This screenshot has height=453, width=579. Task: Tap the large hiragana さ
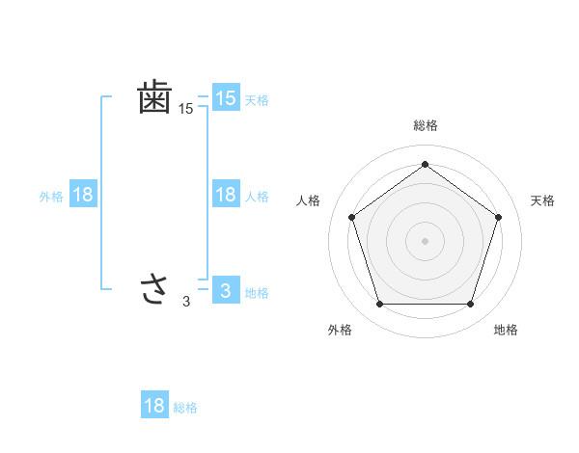point(154,288)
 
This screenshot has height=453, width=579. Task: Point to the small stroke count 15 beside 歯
point(186,110)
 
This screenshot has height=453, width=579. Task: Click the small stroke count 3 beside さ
point(186,302)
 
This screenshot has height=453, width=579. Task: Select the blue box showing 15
point(225,97)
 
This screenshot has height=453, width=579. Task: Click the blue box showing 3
point(225,289)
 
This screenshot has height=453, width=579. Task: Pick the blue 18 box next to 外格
point(83,195)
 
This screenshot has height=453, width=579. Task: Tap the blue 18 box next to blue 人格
point(225,195)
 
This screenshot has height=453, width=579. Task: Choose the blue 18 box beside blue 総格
point(154,406)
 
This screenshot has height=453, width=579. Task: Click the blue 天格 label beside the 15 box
point(257,100)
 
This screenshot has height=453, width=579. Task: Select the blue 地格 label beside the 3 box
point(257,293)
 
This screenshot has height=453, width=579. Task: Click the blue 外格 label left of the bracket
point(51,197)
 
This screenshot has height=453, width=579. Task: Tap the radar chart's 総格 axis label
point(425,126)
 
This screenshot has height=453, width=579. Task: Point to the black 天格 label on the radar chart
point(542,200)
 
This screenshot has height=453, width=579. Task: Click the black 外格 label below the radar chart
point(340,330)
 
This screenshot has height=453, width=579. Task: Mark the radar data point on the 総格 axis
point(425,164)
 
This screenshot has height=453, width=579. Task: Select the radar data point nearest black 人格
point(351,217)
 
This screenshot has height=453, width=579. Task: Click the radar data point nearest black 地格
point(470,304)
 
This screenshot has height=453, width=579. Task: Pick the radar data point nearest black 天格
point(498,217)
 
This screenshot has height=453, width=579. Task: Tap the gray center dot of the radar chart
point(425,240)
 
